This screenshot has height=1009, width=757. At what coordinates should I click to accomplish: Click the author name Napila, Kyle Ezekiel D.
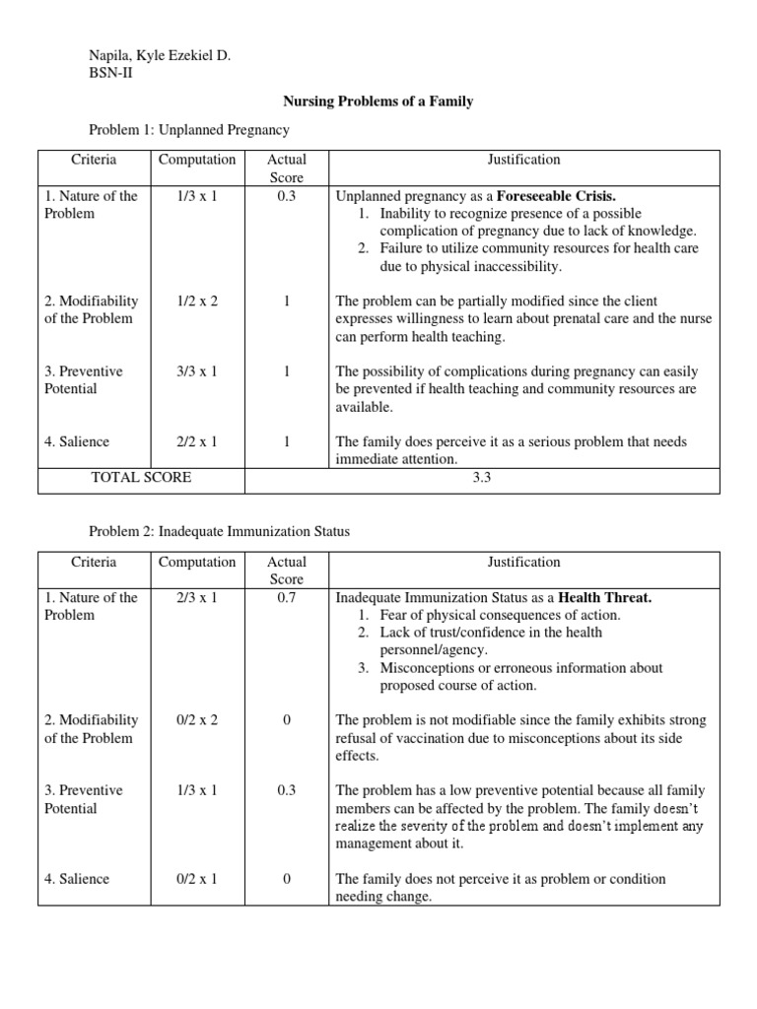click(160, 56)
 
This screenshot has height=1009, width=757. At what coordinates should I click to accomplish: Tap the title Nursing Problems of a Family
click(378, 101)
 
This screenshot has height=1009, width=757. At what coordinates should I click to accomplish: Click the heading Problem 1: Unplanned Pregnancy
click(189, 129)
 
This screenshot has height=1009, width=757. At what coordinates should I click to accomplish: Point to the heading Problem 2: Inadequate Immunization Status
click(219, 531)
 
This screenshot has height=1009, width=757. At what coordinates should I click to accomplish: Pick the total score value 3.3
click(523, 477)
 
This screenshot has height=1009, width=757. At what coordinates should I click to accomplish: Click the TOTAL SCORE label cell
click(141, 477)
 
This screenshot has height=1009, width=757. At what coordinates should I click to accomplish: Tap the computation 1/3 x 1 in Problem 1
click(197, 195)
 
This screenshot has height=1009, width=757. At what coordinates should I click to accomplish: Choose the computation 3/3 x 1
click(197, 371)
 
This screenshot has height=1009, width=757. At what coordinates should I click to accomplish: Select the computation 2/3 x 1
click(197, 597)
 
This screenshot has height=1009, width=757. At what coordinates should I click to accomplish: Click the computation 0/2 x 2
click(197, 720)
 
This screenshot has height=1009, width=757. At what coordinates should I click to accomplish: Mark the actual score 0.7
click(286, 597)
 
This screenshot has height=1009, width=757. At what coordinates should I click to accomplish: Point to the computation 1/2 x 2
click(197, 301)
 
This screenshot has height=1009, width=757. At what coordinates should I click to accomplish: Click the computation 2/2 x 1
click(197, 441)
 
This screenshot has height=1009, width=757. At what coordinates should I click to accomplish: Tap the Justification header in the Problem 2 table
click(523, 562)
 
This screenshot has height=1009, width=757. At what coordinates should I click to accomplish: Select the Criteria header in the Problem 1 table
click(94, 160)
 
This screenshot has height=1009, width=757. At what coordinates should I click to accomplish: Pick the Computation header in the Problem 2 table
click(197, 562)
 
